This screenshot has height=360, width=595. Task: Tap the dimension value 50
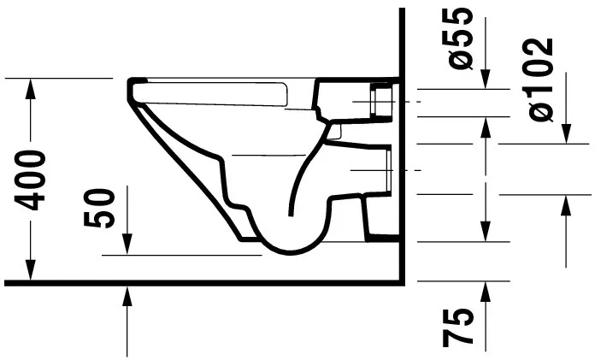(101, 209)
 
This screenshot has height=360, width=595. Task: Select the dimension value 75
(461, 328)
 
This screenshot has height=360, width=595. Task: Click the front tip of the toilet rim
(133, 84)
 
